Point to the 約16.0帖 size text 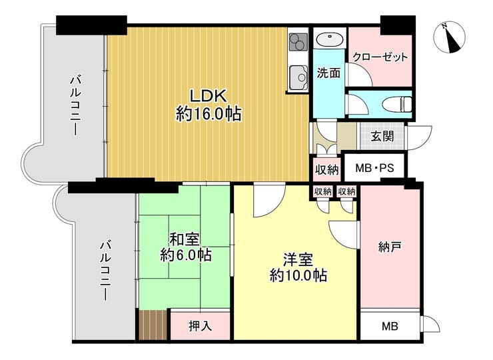[x=209, y=114]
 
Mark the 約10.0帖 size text [x=298, y=275]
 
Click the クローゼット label [x=380, y=57]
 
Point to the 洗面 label [x=328, y=73]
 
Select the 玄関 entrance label [x=382, y=137]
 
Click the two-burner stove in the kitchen [x=297, y=43]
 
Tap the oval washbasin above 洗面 [x=327, y=39]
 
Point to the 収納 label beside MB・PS [x=326, y=169]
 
